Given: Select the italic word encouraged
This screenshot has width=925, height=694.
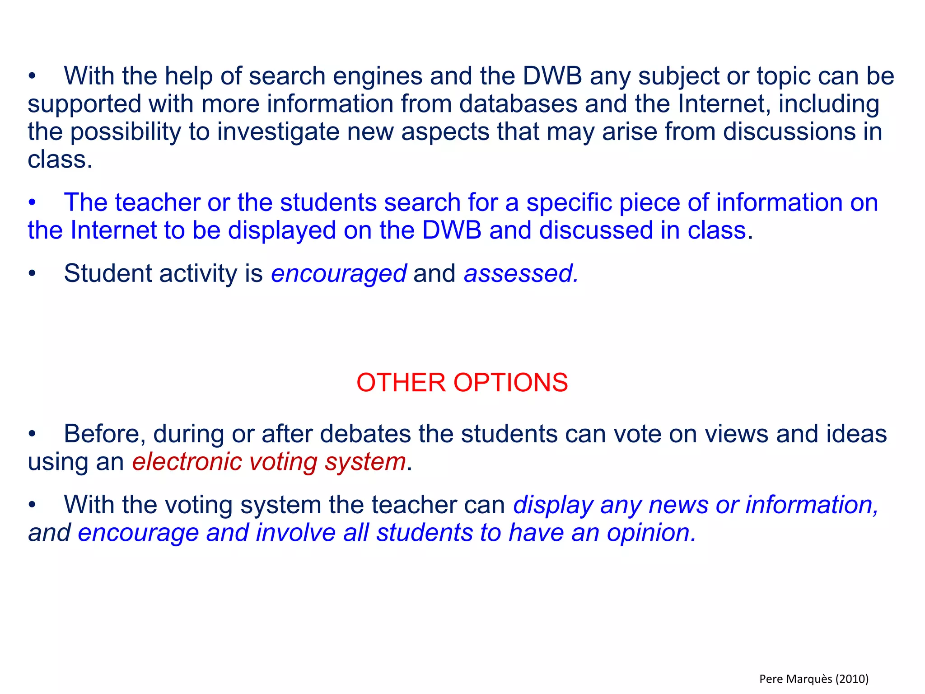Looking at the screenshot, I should (339, 274).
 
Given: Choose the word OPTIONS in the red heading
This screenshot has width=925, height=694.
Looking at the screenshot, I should (510, 383).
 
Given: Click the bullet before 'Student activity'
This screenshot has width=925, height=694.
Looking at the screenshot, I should (32, 274).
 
